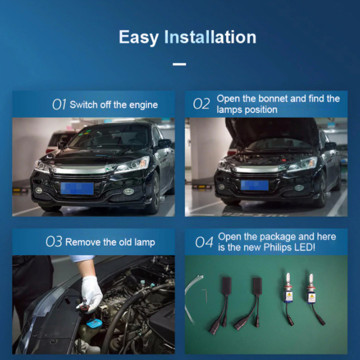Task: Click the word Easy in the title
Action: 138,37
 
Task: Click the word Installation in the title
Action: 210,37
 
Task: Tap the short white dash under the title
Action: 179,64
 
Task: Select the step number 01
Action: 59,104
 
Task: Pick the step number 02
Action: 201,104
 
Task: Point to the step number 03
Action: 54,242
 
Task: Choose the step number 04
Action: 204,242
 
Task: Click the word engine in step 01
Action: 143,105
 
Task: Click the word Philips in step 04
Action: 277,247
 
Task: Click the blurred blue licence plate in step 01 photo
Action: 77,188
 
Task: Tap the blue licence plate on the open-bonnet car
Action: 254,185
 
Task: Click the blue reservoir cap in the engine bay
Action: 94,323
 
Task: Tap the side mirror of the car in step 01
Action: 164,143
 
